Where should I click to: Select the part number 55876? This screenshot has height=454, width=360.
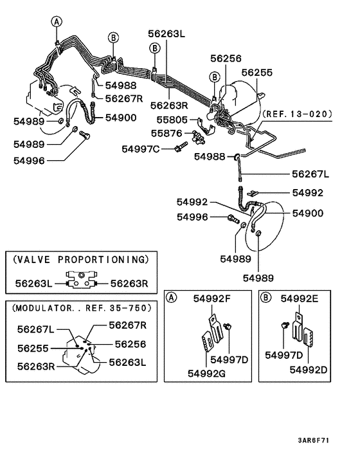167,133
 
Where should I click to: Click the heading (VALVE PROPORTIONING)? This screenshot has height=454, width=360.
80,259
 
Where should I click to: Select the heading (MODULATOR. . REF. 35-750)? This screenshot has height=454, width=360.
80,308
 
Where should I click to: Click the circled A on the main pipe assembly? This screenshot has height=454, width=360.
57,22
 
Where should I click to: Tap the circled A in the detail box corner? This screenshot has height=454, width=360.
172,297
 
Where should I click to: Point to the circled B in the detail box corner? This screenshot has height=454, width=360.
265,297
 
